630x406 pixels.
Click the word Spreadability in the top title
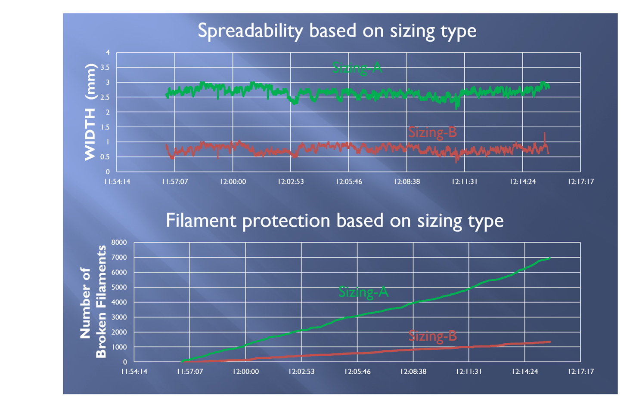point(250,31)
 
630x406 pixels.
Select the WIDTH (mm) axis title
point(90,112)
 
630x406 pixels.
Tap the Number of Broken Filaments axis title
point(93,301)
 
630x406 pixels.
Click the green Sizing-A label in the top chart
point(357,68)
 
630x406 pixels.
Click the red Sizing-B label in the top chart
point(433,132)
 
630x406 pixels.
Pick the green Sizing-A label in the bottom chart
point(363,292)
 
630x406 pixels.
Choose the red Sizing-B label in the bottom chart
point(433,336)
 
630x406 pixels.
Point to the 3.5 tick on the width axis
point(105,68)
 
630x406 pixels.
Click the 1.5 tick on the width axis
point(105,127)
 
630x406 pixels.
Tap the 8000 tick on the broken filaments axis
point(119,242)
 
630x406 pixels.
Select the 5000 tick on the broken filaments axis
point(119,287)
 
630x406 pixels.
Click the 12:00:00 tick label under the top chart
point(233,181)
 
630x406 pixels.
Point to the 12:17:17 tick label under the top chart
point(581,181)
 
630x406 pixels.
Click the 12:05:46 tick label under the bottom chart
point(357,372)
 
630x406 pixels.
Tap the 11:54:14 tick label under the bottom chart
point(134,372)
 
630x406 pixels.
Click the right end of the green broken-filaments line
point(550,258)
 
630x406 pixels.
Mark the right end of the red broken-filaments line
point(550,341)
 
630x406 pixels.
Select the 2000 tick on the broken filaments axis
point(119,332)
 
